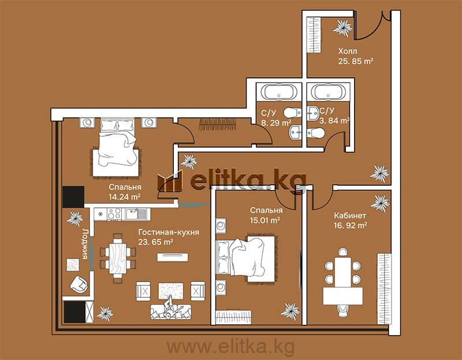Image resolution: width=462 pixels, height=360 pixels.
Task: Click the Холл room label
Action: click(x=348, y=51)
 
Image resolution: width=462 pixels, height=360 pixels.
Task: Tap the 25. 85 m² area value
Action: click(x=356, y=62)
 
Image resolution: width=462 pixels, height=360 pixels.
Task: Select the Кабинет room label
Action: click(x=350, y=215)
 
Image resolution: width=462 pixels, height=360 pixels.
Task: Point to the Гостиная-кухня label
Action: click(x=169, y=232)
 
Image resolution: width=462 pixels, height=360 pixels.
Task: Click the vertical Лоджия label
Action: click(x=85, y=243)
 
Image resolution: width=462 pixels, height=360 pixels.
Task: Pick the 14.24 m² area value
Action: click(x=124, y=197)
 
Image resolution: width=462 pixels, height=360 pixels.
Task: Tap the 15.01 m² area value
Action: click(x=265, y=220)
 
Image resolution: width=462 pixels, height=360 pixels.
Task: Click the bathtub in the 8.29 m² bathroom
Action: click(x=278, y=92)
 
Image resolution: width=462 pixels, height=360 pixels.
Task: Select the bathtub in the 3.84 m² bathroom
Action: click(x=328, y=92)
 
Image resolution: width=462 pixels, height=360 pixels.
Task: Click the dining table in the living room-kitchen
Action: click(x=118, y=258)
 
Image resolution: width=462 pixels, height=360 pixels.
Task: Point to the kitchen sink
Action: click(x=136, y=214)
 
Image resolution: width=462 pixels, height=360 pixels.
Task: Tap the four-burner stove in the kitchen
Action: click(x=114, y=214)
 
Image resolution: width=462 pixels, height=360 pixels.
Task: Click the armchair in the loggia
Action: click(x=79, y=284)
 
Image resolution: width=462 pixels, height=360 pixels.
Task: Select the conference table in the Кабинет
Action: click(x=342, y=282)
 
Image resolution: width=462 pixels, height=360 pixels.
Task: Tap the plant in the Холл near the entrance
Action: click(x=342, y=28)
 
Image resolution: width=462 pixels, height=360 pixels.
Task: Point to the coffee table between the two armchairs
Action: click(x=171, y=291)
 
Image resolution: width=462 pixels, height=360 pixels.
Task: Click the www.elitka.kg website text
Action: click(x=230, y=347)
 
